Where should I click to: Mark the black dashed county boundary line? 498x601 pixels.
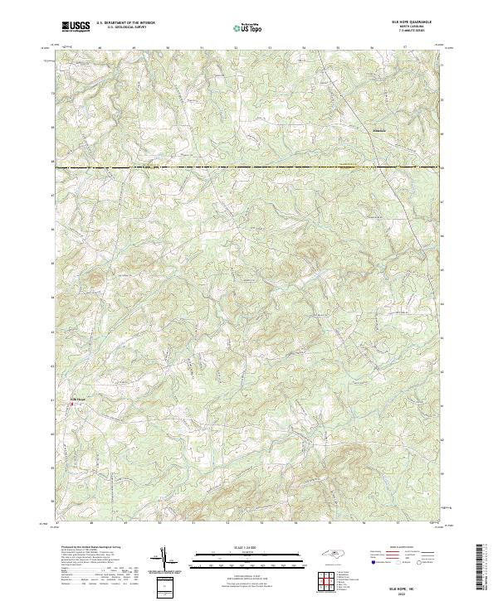click(x=249, y=168)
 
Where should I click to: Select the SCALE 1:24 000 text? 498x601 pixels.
click(x=236, y=548)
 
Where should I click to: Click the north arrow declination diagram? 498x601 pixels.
click(x=164, y=558)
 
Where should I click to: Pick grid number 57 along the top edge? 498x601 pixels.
click(x=404, y=48)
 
